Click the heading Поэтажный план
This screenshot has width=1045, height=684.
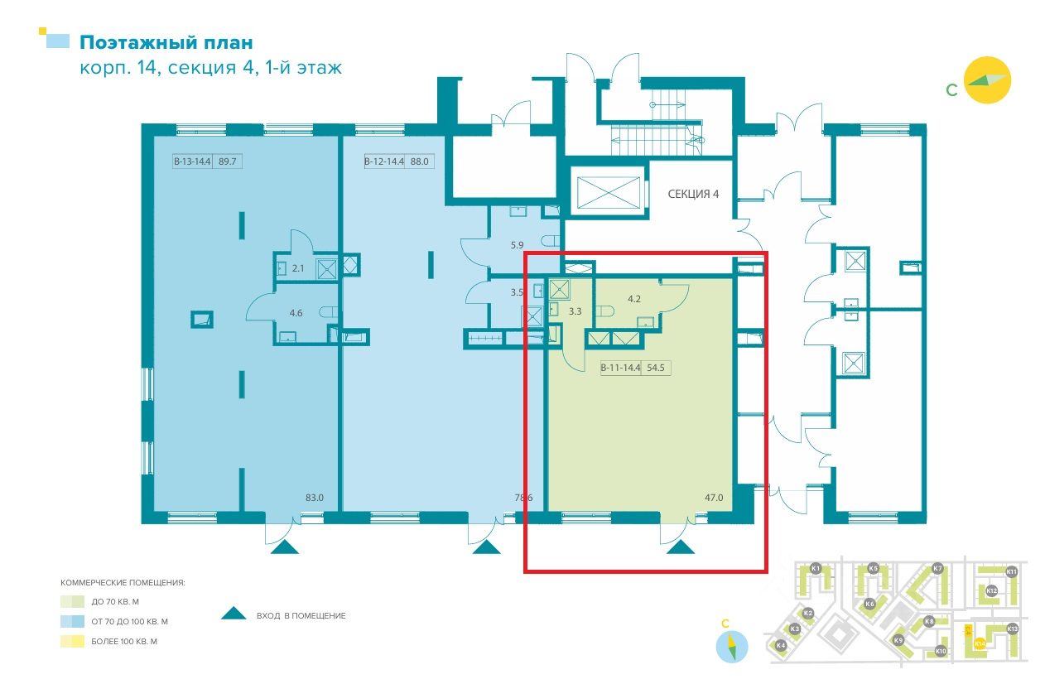click(166, 42)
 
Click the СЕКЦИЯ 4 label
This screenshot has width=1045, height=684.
click(693, 194)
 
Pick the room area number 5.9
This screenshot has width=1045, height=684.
click(518, 245)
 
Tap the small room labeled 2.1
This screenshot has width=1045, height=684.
click(299, 267)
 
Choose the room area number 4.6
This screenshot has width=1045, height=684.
click(296, 313)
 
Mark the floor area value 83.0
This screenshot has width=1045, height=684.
click(315, 498)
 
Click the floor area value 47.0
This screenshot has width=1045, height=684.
click(713, 498)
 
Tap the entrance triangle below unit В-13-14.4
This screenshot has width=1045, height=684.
click(284, 546)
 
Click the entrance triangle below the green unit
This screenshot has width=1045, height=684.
click(681, 546)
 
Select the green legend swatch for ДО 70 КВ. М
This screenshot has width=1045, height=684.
click(72, 602)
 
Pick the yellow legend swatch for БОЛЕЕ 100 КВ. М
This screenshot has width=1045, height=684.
click(72, 641)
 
